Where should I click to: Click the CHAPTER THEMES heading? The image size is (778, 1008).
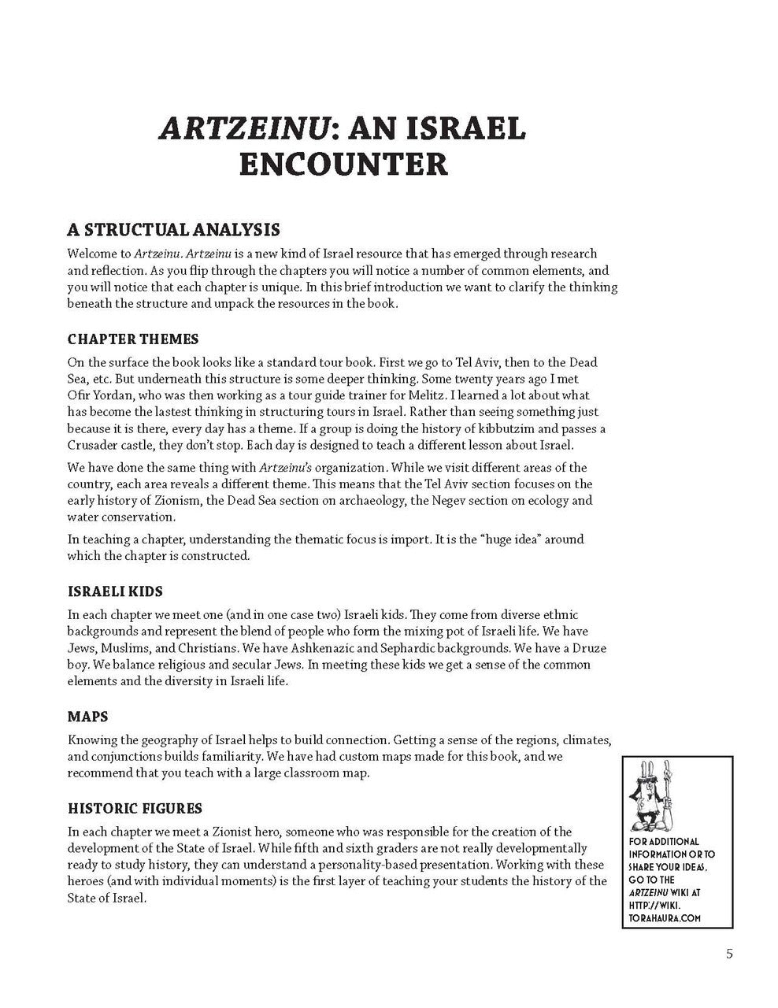click(x=133, y=339)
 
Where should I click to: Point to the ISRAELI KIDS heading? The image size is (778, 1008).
click(x=115, y=591)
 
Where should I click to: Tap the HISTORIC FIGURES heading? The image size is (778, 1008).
click(x=135, y=808)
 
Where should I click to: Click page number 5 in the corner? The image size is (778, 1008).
click(x=729, y=954)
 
